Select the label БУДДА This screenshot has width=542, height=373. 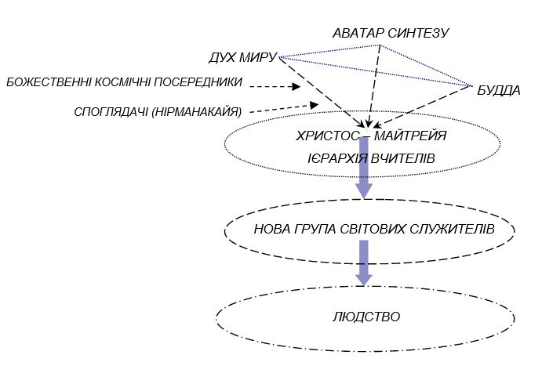(x=498, y=90)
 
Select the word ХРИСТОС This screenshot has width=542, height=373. (x=324, y=136)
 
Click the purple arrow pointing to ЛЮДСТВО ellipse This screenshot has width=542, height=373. (x=363, y=263)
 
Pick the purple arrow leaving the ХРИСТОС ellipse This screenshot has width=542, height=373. (x=363, y=168)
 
